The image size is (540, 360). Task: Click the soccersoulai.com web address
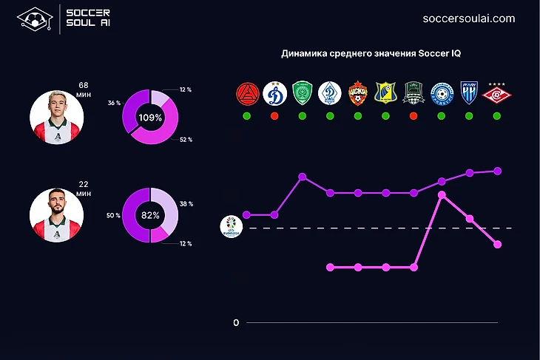[x=468, y=18]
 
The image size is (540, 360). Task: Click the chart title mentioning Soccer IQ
[x=371, y=54]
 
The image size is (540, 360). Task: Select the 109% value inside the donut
[x=150, y=118]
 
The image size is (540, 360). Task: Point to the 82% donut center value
[x=150, y=215]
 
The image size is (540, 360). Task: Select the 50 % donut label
[x=113, y=215]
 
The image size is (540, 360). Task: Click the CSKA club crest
[x=358, y=94]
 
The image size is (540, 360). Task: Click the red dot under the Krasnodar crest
[x=414, y=116]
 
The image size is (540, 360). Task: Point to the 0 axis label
[x=236, y=323]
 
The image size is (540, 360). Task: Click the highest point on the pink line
[x=442, y=194]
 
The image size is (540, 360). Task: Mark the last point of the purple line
[x=498, y=171]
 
